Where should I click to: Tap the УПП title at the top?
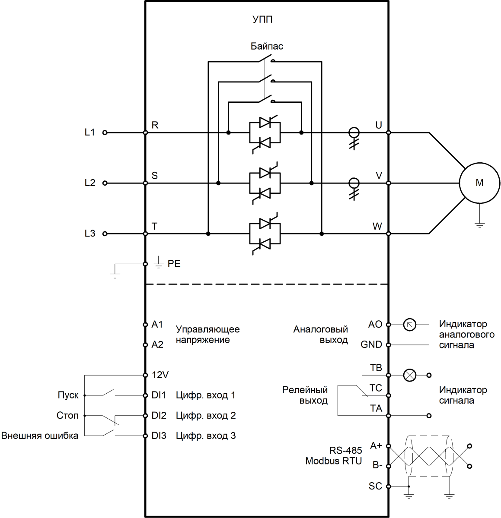click(x=262, y=20)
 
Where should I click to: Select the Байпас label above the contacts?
click(x=267, y=46)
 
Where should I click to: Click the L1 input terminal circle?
click(x=105, y=133)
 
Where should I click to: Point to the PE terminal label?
click(x=174, y=264)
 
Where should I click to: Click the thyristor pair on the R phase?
click(x=265, y=133)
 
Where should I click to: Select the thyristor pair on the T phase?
click(x=265, y=234)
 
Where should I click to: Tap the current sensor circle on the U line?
click(x=354, y=132)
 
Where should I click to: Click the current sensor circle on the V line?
click(x=354, y=183)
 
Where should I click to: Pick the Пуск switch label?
click(x=68, y=395)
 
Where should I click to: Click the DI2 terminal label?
click(x=159, y=416)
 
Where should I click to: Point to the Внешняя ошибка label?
click(x=40, y=436)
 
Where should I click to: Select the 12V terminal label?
click(x=160, y=375)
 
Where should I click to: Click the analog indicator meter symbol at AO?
click(x=410, y=325)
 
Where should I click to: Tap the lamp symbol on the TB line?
click(x=410, y=375)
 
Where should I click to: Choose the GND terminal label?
click(x=371, y=345)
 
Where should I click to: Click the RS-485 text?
click(x=346, y=450)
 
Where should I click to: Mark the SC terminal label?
click(x=375, y=486)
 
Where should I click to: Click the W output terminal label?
click(x=377, y=226)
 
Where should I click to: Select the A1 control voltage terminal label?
click(x=157, y=325)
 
